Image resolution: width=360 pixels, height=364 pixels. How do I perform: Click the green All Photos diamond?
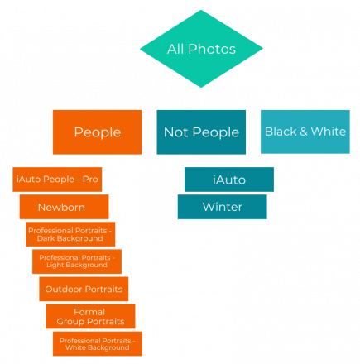[x=201, y=49]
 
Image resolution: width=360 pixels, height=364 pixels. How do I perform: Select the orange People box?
[x=98, y=132]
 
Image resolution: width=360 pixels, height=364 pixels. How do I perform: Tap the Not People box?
[x=201, y=132]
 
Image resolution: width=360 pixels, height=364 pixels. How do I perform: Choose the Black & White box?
[x=305, y=132]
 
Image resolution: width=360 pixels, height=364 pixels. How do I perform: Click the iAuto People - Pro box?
[x=57, y=180]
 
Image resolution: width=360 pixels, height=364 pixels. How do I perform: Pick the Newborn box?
[x=64, y=207]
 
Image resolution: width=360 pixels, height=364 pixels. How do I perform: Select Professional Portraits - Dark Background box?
[x=70, y=234]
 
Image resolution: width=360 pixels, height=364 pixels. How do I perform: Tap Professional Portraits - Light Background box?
[x=77, y=261]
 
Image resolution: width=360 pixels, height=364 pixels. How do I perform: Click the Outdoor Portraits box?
[x=84, y=289]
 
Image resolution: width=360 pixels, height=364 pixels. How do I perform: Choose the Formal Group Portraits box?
[x=90, y=316]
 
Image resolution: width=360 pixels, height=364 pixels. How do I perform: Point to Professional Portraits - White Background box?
[x=98, y=343]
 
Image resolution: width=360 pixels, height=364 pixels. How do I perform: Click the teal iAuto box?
[x=229, y=180]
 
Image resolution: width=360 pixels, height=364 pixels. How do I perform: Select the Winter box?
[x=223, y=207]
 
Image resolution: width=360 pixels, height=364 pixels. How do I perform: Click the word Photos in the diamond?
[x=212, y=50]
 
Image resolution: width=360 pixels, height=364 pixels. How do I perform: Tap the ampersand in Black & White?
[x=304, y=132]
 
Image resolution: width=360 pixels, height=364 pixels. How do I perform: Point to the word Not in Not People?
[x=176, y=132]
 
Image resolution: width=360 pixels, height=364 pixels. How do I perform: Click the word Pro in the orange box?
[x=90, y=180]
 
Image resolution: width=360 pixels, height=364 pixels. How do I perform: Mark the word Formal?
[x=89, y=312]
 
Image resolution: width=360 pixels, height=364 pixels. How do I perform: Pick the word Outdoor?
[x=64, y=289]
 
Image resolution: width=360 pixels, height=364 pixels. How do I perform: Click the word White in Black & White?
[x=329, y=132]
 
